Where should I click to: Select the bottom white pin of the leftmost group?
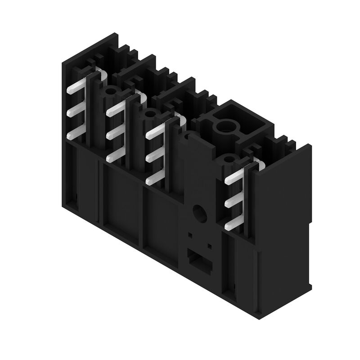pyautogui.click(x=74, y=134)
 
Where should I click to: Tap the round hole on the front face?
pyautogui.click(x=198, y=212)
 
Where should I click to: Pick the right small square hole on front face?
pyautogui.click(x=209, y=246)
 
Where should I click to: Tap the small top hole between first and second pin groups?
pyautogui.click(x=109, y=92)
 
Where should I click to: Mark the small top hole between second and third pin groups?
pyautogui.click(x=148, y=115)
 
